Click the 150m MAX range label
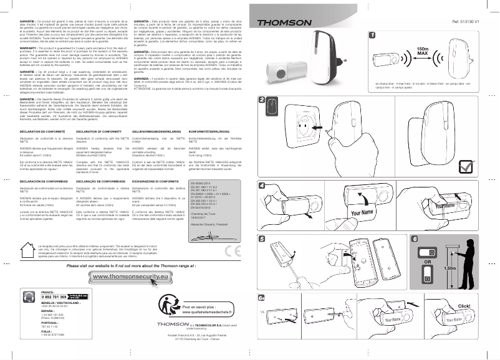tap(421, 50)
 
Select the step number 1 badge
tap(372, 36)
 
